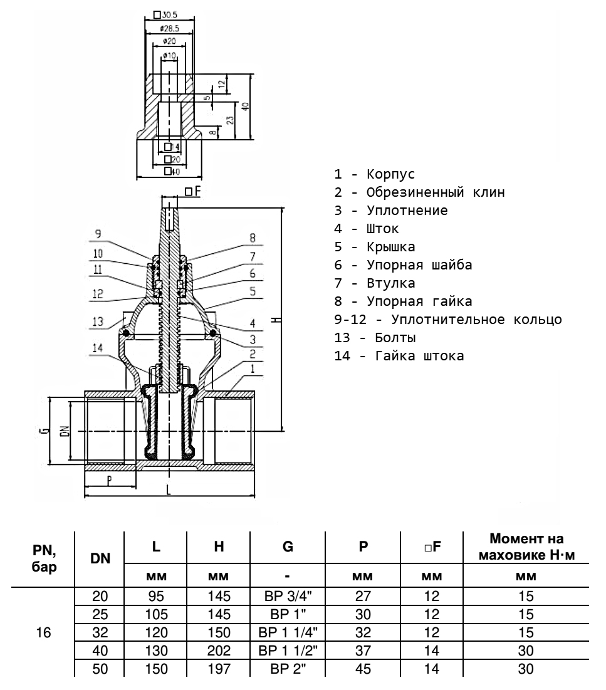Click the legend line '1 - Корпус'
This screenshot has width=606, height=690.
[x=375, y=174]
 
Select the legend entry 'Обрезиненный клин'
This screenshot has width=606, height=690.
[x=419, y=192]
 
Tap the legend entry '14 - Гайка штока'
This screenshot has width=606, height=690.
[x=399, y=356]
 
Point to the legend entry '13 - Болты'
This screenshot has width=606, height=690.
[x=375, y=338]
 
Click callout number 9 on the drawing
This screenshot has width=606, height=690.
[x=98, y=234]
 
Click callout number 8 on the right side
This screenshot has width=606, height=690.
[x=253, y=238]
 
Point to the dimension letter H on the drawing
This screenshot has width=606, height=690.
[x=276, y=320]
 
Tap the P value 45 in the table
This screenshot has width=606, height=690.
[x=363, y=669]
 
